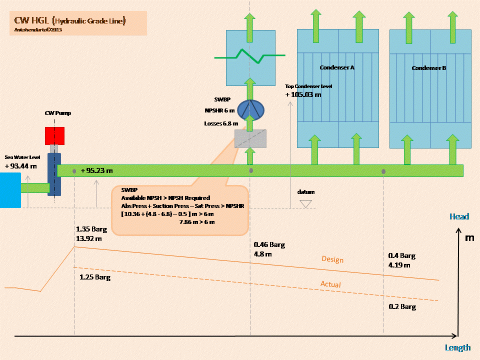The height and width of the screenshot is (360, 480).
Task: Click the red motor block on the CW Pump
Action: (x=55, y=135)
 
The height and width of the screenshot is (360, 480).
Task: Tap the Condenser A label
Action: (x=337, y=67)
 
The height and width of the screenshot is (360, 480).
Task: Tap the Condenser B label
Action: (x=429, y=68)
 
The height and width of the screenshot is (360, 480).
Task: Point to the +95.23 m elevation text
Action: (x=96, y=170)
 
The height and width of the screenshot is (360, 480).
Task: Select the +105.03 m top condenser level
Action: (x=303, y=94)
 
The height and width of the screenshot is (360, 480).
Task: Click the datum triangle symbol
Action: (x=305, y=203)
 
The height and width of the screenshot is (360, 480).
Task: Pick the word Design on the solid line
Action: (x=332, y=259)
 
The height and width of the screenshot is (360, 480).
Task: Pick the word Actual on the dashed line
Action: (x=330, y=284)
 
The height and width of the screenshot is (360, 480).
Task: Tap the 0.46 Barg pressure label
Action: (x=269, y=245)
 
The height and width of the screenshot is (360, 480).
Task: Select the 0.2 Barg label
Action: (x=401, y=306)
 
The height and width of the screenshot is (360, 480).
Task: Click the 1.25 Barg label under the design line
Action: (x=95, y=276)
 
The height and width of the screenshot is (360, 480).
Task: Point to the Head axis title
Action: (x=459, y=216)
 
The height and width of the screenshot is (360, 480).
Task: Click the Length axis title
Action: (x=457, y=347)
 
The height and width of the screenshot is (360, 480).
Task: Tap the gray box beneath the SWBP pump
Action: (x=250, y=139)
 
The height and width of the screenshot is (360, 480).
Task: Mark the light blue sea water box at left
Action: (x=10, y=189)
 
